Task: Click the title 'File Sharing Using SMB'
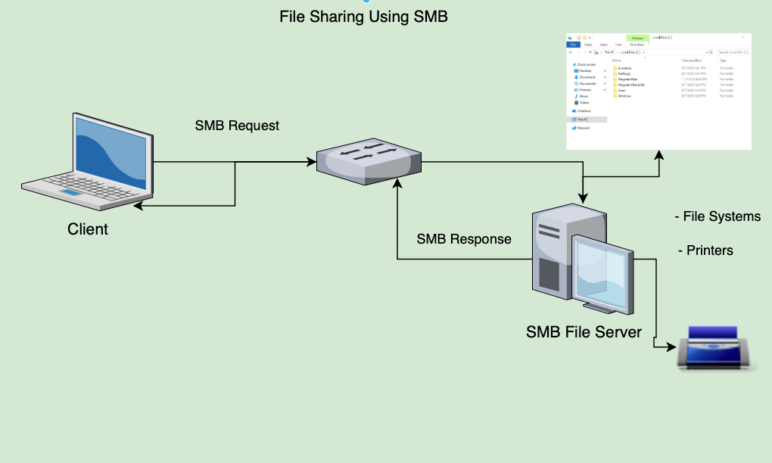pos(364,16)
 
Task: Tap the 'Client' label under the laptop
pos(88,228)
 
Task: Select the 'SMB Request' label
pos(237,126)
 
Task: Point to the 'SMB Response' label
pos(464,239)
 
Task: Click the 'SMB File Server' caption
pos(584,331)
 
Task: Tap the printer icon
pos(716,348)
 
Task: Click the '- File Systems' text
pos(717,217)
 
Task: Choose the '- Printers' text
pos(705,250)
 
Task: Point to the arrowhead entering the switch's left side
pos(311,161)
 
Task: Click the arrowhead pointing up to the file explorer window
pos(659,154)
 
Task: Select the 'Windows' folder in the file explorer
pos(624,96)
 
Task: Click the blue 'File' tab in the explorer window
pos(574,45)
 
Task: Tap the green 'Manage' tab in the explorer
pos(637,37)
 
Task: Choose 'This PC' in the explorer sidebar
pos(583,120)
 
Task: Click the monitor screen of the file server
pos(602,276)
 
